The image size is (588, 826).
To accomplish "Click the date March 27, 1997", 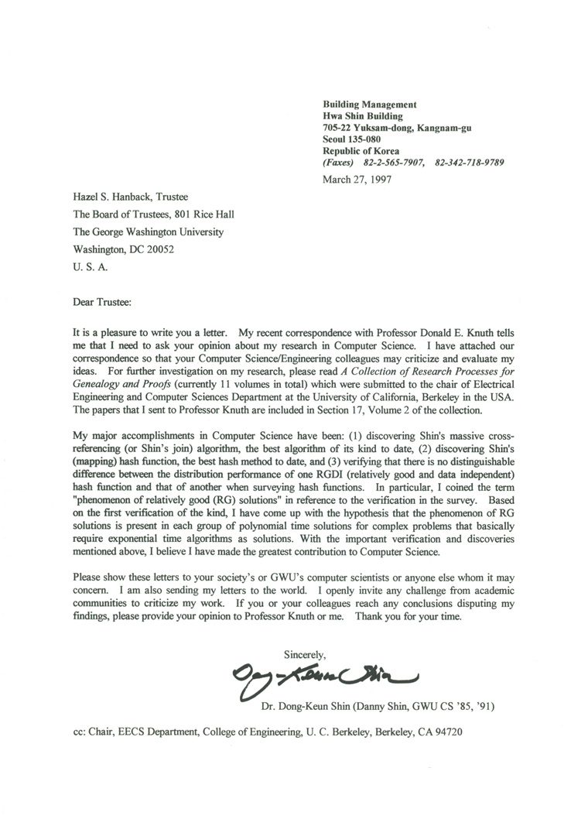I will click(x=357, y=179).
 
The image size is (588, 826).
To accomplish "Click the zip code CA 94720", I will click(x=440, y=732).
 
